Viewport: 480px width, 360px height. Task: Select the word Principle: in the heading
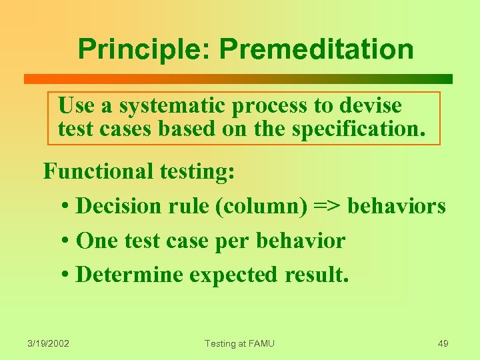coord(143,49)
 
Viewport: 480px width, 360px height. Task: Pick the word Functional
coord(99,171)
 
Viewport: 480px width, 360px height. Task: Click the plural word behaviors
coord(396,206)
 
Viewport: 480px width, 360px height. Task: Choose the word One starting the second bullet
coord(95,241)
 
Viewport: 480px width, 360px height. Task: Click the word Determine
coord(129,275)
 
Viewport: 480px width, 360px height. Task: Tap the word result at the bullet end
coord(316,275)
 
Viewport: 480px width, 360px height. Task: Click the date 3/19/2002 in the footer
coord(49,343)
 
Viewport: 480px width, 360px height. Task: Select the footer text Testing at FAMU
coord(239,343)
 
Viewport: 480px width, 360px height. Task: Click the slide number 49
coord(443,343)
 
